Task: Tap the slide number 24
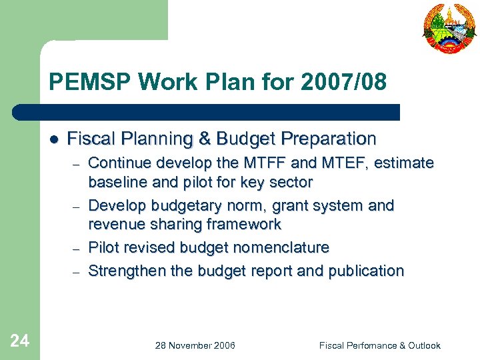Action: (20, 341)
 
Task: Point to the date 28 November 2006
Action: (195, 345)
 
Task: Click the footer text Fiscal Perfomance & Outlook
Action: (379, 345)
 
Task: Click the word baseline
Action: (117, 182)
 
